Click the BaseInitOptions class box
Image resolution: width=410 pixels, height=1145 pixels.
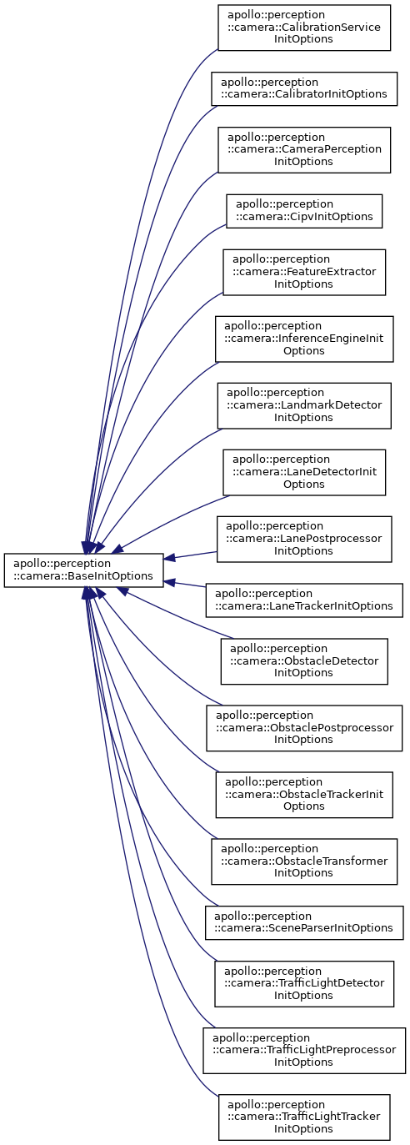click(x=83, y=570)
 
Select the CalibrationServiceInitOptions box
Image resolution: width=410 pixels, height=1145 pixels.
click(x=304, y=28)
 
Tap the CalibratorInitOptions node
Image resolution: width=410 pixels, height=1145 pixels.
click(x=304, y=89)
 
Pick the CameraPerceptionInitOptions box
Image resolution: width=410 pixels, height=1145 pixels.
click(x=304, y=150)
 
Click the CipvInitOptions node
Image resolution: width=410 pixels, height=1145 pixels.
click(x=304, y=211)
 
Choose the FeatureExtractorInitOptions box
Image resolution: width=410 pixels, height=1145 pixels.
click(x=304, y=273)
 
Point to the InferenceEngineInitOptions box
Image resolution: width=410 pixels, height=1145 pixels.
click(x=304, y=339)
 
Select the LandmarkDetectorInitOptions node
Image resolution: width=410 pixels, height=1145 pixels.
click(x=304, y=406)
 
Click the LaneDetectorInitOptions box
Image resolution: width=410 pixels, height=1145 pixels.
click(x=304, y=472)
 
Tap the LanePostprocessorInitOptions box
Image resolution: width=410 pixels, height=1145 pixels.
click(x=304, y=540)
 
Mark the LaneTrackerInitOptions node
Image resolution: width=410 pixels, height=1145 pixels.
click(x=304, y=600)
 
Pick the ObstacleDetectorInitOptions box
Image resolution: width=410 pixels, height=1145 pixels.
click(x=304, y=661)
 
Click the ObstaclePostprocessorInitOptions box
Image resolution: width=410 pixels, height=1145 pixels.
click(x=304, y=728)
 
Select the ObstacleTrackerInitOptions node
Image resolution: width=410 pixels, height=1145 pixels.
click(x=304, y=795)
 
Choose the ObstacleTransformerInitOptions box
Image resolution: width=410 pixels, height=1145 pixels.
click(x=304, y=861)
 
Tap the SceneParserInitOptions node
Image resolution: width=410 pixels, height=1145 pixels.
click(x=304, y=922)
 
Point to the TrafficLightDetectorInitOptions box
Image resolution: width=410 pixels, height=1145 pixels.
click(x=304, y=984)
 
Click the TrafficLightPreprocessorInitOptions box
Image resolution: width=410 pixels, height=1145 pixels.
click(x=304, y=1051)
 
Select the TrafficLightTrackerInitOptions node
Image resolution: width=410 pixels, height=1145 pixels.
click(x=304, y=1117)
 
